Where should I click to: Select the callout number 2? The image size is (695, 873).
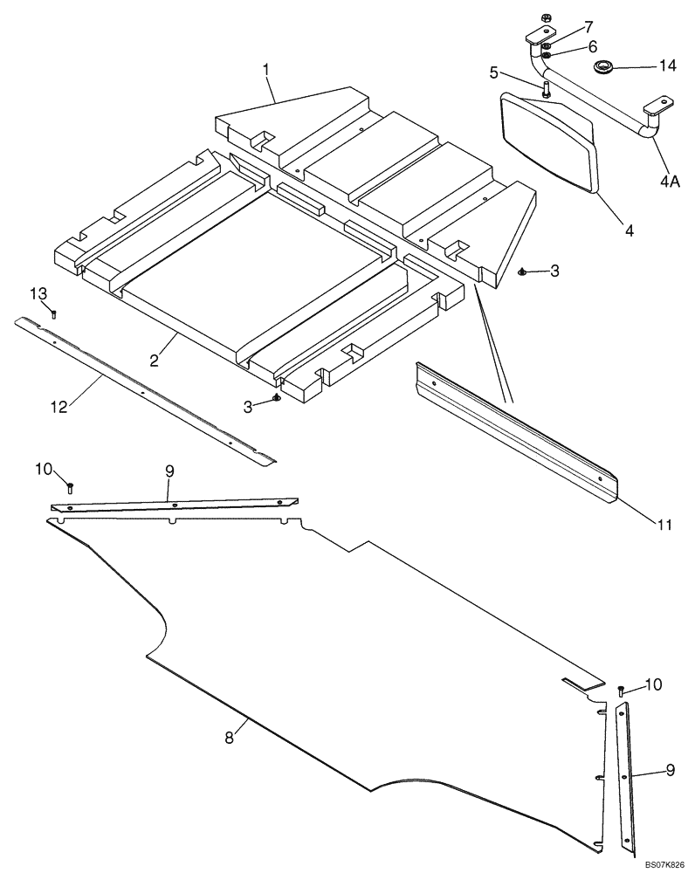(x=154, y=360)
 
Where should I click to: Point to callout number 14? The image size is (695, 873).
(x=668, y=65)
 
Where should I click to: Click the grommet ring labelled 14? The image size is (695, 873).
(x=602, y=66)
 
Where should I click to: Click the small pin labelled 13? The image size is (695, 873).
(x=53, y=314)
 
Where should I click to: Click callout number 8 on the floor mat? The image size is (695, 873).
(x=229, y=738)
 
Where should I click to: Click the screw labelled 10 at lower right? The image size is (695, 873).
(x=621, y=691)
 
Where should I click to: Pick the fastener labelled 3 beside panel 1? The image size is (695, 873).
(x=522, y=272)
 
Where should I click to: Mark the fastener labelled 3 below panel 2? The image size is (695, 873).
(x=276, y=398)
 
